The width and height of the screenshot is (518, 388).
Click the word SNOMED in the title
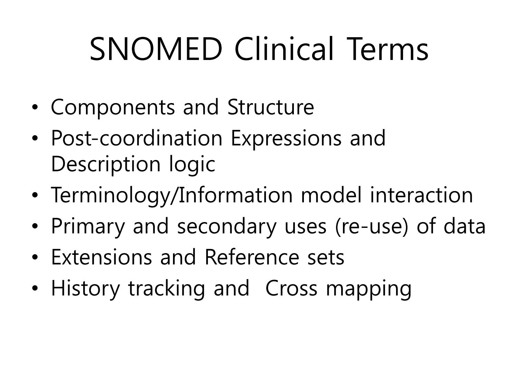pyautogui.click(x=156, y=49)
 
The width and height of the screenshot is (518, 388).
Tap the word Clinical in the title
pyautogui.click(x=284, y=49)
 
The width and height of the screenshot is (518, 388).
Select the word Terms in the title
pyautogui.click(x=387, y=49)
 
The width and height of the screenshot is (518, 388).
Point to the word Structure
pyautogui.click(x=271, y=107)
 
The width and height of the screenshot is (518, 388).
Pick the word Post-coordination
pyautogui.click(x=137, y=138)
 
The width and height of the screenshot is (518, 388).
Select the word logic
pyautogui.click(x=192, y=165)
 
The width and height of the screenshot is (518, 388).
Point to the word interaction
pyautogui.click(x=422, y=195)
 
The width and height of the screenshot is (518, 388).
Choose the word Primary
pyautogui.click(x=88, y=227)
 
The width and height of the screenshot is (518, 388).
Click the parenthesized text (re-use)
pyautogui.click(x=372, y=227)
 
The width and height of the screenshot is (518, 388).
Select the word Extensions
pyautogui.click(x=102, y=257)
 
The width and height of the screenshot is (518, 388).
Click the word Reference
pyautogui.click(x=252, y=257)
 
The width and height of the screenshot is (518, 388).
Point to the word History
pyautogui.click(x=85, y=289)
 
